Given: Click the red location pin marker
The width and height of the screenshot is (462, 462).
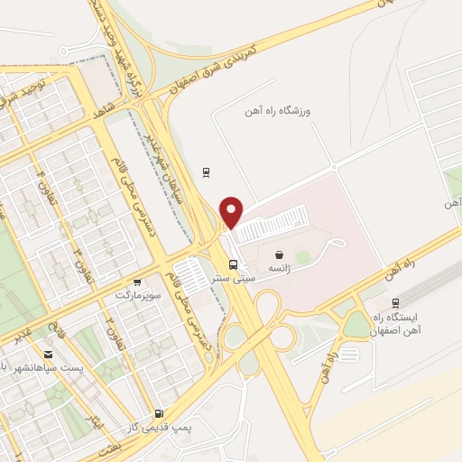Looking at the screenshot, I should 233,212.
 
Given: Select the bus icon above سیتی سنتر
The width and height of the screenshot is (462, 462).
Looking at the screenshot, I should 235,264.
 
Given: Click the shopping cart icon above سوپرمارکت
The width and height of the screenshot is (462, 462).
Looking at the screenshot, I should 136,282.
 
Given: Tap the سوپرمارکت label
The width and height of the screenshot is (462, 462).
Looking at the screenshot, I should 137,295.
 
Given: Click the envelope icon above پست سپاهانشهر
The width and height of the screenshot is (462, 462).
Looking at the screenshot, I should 47,355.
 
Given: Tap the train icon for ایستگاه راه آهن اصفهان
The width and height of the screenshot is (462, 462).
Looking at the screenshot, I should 395,303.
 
